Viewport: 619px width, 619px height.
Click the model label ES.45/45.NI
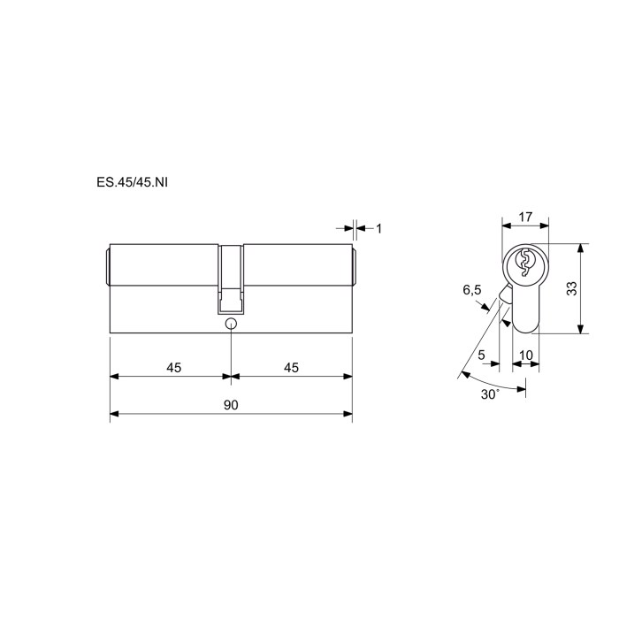point(132,182)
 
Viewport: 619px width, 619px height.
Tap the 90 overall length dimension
point(231,405)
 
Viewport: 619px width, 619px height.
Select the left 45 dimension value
point(173,368)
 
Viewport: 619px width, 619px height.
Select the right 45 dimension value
point(291,368)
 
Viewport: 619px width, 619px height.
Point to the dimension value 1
point(379,228)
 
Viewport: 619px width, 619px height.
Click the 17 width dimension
point(525,217)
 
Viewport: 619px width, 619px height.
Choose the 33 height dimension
point(571,288)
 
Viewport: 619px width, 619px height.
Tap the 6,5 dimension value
point(472,291)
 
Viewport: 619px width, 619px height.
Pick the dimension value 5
point(481,355)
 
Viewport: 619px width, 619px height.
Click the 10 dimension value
point(526,355)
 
